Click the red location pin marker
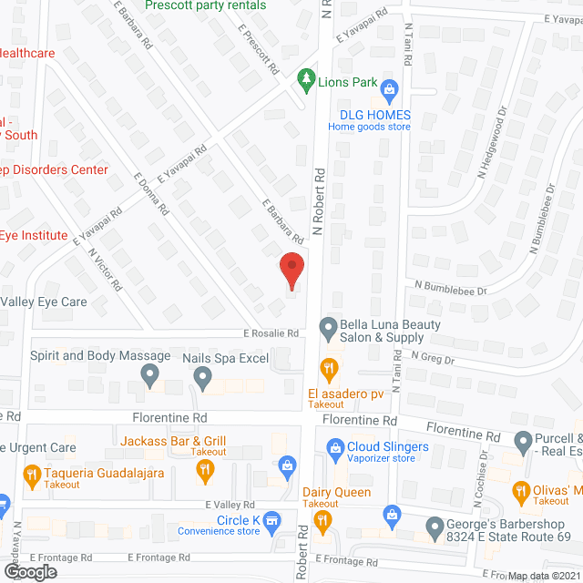tap(291, 271)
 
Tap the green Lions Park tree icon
tap(307, 82)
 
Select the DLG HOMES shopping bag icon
tap(390, 89)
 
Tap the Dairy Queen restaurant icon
tap(321, 520)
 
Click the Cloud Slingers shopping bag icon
tap(332, 447)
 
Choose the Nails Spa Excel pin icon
tap(203, 377)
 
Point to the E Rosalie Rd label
tap(271, 333)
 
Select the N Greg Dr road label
tap(431, 356)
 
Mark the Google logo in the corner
tap(29, 571)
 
